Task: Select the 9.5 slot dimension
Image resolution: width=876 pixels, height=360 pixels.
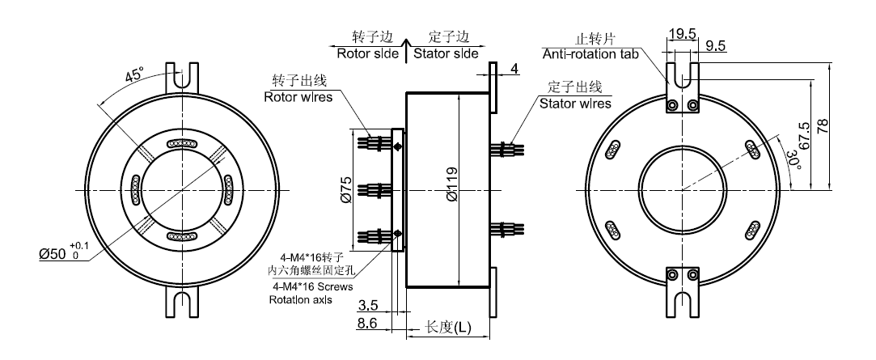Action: tap(715, 47)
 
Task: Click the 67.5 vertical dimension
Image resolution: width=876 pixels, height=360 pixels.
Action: tap(802, 138)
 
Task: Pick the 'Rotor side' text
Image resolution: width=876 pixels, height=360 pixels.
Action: tap(366, 53)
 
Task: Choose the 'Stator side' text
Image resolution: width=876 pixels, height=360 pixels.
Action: tap(446, 53)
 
